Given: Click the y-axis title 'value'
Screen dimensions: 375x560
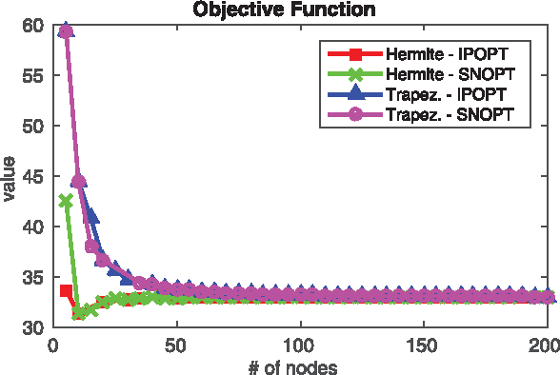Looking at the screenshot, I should click(x=10, y=176).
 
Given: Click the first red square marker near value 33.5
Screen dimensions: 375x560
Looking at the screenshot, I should click(x=66, y=290).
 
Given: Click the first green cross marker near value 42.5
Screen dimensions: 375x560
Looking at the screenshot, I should click(x=66, y=201).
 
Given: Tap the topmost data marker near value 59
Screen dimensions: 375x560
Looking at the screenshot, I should click(x=66, y=30).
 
